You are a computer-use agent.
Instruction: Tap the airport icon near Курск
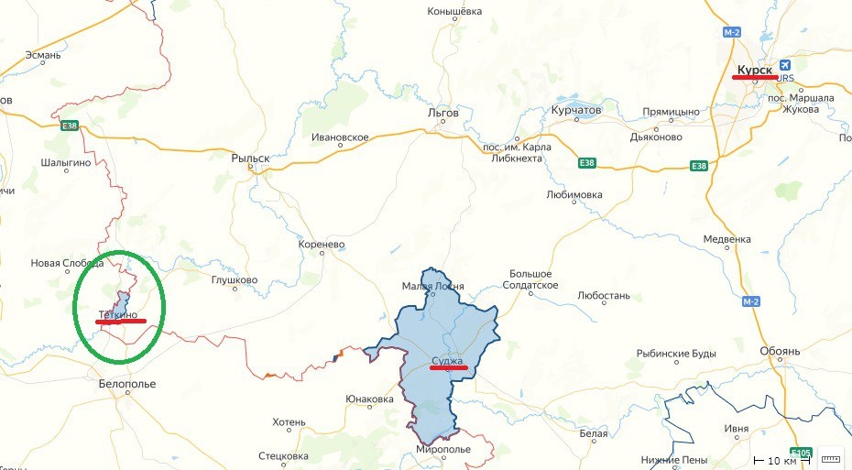coord(785,64)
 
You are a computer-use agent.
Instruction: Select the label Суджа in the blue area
coord(448,360)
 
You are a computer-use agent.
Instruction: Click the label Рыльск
coord(250,158)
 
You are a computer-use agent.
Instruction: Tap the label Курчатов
coord(575,110)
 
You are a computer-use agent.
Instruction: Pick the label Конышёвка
coord(454,12)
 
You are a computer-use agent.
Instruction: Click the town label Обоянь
coord(780,351)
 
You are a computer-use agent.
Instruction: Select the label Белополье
coord(126,384)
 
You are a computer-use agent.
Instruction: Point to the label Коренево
coord(321,246)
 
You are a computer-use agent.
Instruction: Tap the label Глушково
coord(235,280)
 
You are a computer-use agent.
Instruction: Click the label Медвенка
coord(726,239)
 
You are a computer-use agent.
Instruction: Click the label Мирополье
coord(443,450)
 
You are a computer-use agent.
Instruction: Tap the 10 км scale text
coord(781,460)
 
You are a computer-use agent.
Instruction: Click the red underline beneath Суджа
coord(449,368)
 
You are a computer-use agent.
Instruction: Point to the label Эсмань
coord(43,56)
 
